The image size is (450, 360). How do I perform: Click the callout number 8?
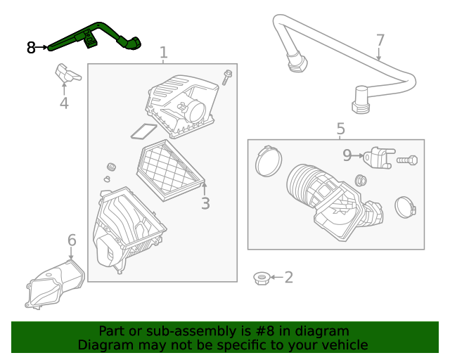(x=31, y=48)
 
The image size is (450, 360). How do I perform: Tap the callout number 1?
(x=163, y=53)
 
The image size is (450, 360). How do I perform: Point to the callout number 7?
(x=380, y=41)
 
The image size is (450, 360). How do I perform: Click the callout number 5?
(x=340, y=129)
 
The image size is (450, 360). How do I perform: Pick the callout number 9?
(x=347, y=155)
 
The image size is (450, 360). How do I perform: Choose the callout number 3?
(x=205, y=203)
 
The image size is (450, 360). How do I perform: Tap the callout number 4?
(x=64, y=103)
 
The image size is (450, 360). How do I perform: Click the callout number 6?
(x=72, y=240)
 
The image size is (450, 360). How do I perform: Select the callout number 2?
(x=289, y=277)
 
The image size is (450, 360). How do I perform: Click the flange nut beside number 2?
(x=261, y=278)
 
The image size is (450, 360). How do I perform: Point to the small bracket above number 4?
(x=68, y=74)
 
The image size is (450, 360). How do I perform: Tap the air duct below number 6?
(x=55, y=284)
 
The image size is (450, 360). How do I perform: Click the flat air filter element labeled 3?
(x=170, y=170)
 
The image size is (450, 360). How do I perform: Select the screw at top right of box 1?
(x=226, y=77)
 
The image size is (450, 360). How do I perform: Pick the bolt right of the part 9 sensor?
(x=407, y=160)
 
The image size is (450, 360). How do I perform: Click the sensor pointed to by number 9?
(x=379, y=157)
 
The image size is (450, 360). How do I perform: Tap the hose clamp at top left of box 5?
(x=268, y=161)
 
